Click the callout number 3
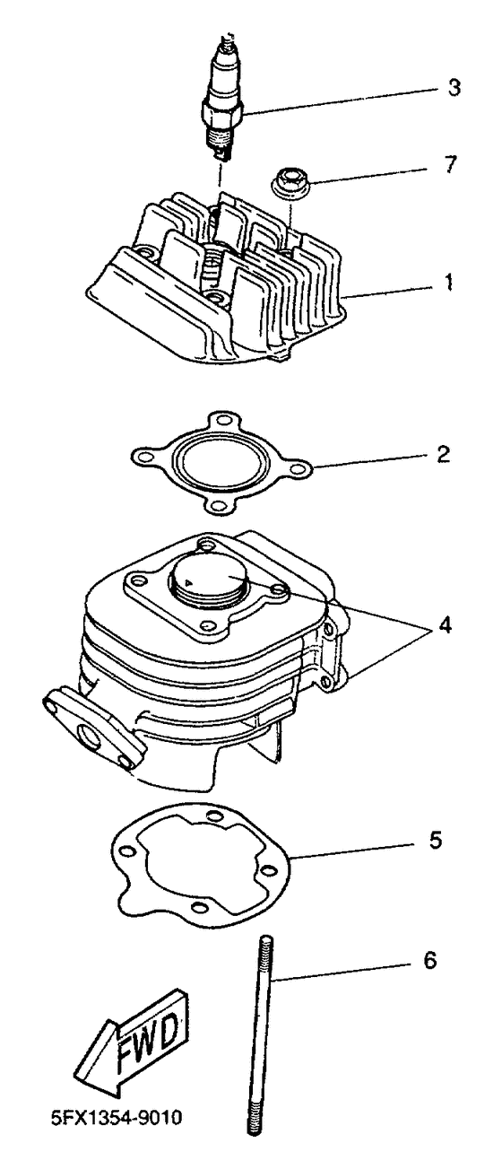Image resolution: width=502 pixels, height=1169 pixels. tap(454, 88)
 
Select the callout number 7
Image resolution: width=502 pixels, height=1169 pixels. tap(451, 164)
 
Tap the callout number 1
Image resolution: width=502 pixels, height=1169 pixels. tap(448, 283)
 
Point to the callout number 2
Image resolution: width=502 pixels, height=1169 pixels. tap(444, 454)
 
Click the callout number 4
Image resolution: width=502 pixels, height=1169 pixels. tap(445, 624)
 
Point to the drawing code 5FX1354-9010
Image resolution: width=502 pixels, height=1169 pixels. tap(117, 1117)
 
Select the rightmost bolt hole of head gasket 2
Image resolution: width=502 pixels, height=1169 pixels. tap(297, 468)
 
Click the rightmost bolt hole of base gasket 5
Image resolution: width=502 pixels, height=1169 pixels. tap(268, 871)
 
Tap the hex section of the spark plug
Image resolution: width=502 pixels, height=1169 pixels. tap(222, 111)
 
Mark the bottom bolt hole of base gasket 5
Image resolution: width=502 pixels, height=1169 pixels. tap(197, 906)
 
